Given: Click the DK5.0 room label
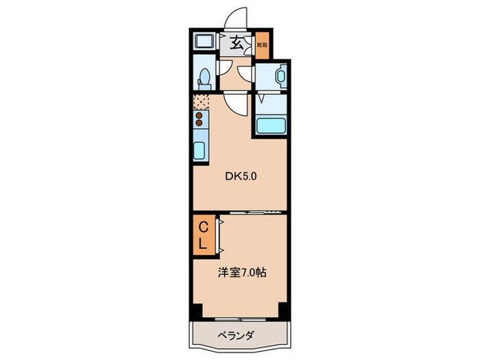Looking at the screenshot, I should [241, 176].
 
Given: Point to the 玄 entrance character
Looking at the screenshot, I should [235, 44].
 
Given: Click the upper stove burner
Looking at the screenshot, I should [200, 116].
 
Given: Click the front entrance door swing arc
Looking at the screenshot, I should [236, 17].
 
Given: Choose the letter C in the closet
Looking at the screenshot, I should [204, 227].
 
